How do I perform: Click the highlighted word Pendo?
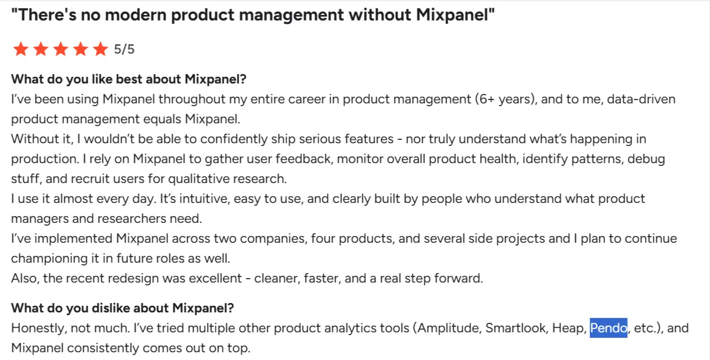pos(608,328)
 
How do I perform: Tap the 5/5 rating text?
pos(124,49)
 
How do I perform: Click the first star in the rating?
pos(21,50)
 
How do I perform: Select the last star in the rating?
pos(100,50)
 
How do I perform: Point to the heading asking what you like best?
pos(128,79)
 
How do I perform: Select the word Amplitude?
pos(449,328)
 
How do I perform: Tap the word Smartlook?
pos(516,328)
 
